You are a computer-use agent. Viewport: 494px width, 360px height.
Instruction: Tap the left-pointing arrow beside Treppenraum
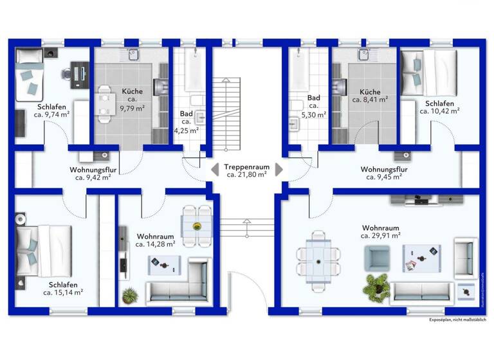(213, 170)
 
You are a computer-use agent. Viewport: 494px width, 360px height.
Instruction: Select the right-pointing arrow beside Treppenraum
(279, 170)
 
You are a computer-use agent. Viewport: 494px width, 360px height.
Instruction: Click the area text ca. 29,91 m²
(381, 236)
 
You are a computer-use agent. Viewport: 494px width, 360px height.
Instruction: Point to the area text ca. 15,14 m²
(63, 292)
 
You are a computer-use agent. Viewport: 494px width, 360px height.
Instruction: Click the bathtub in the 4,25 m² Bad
(192, 69)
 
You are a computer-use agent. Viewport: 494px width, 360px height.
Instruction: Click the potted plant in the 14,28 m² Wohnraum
(130, 295)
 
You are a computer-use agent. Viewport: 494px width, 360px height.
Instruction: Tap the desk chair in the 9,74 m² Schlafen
(67, 73)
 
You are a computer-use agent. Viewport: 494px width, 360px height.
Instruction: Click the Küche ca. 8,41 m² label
(370, 96)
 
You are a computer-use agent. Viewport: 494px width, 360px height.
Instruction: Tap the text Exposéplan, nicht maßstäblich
(458, 319)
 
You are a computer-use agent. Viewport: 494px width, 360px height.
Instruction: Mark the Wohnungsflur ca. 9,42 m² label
(94, 174)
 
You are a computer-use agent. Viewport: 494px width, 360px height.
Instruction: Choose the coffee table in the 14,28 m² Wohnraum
(162, 263)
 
